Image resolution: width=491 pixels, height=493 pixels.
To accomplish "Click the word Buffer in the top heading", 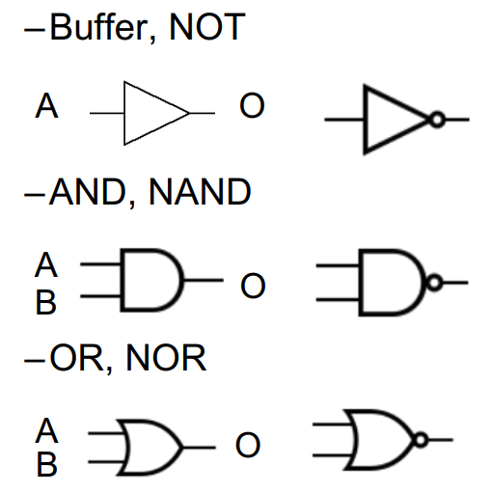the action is coord(98,27).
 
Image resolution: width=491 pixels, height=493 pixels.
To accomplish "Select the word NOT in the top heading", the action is coord(207,27).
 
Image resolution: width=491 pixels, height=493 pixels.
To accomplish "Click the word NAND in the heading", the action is coord(200,192).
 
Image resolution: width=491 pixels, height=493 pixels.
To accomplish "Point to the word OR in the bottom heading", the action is coord(77,358).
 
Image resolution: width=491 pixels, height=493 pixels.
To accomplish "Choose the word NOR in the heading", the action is coord(166,358).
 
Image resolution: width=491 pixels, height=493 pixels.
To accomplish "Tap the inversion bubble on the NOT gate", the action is coord(437,120).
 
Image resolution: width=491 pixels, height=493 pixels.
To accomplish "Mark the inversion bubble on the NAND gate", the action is coord(434,283).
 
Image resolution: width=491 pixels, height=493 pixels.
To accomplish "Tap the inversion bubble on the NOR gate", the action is coord(421,440).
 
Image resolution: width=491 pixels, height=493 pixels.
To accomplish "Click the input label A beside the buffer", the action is coord(46,106).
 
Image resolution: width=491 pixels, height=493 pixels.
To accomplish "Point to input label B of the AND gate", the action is coord(46,302).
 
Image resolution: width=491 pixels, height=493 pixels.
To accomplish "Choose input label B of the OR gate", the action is coord(47,464).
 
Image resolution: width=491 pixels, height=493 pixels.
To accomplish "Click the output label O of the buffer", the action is coord(252,105).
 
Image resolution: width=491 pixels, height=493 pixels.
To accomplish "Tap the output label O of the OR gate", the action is coord(248,445).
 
